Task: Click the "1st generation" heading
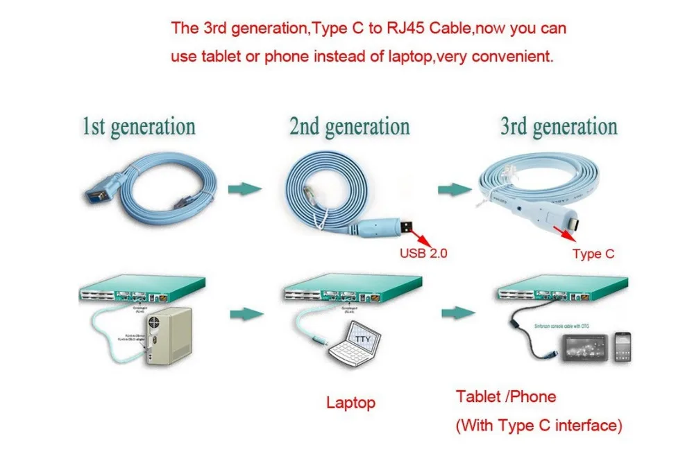139,128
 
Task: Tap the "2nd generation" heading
349,128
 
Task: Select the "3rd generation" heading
559,128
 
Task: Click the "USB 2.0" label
423,253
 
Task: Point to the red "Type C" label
593,254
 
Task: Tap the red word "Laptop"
350,402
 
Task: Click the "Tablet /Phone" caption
506,396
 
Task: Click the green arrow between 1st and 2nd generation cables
245,188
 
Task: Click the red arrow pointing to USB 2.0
421,237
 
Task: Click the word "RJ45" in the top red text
416,29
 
